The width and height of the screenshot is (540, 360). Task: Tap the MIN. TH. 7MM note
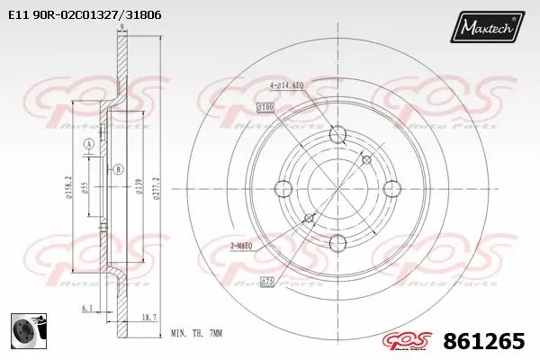coord(197,332)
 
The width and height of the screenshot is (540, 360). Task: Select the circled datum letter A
coord(88,145)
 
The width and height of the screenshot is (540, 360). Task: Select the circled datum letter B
coord(119,168)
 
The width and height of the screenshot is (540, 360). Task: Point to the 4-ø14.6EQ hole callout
coord(287,85)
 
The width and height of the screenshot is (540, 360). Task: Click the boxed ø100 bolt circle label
coord(265,107)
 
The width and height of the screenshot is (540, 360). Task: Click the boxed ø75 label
coord(267,282)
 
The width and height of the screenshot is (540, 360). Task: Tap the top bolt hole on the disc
coord(337,135)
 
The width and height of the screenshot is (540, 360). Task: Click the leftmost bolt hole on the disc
coord(283,189)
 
